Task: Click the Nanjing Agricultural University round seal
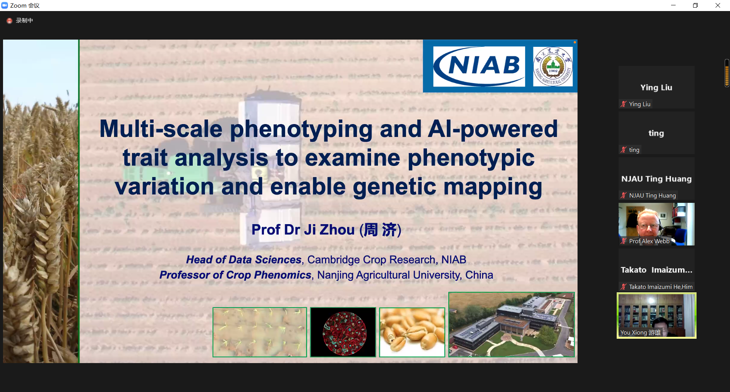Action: point(553,67)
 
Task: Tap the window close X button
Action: point(718,5)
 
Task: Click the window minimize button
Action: point(673,5)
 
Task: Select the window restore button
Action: point(695,5)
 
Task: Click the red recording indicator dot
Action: point(10,21)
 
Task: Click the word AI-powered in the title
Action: point(493,129)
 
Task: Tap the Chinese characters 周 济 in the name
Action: point(380,229)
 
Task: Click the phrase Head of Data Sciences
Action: point(244,260)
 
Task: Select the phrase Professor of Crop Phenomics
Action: point(235,275)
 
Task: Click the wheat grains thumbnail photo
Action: point(412,332)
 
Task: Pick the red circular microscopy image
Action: point(344,333)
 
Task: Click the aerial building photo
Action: point(511,325)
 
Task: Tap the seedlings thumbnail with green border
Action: point(260,332)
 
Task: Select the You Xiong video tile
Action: point(657,316)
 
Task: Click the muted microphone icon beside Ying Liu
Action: point(624,104)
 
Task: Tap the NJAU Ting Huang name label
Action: point(652,196)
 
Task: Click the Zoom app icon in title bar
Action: point(5,5)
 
